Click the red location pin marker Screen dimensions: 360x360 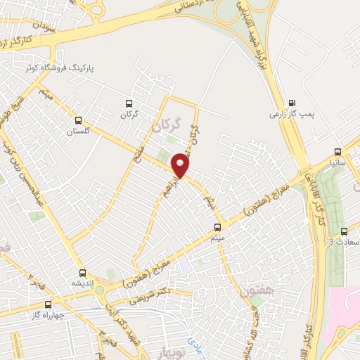point(181,165)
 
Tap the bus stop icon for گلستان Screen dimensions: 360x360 point(78,120)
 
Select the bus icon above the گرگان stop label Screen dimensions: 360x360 point(127,102)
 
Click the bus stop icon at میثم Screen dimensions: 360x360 point(217,226)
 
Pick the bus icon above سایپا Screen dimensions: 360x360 point(338,151)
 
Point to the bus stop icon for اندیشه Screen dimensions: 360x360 point(82,272)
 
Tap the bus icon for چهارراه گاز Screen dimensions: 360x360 point(48,304)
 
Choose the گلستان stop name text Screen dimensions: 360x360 point(79,131)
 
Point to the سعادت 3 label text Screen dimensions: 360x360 point(344,242)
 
